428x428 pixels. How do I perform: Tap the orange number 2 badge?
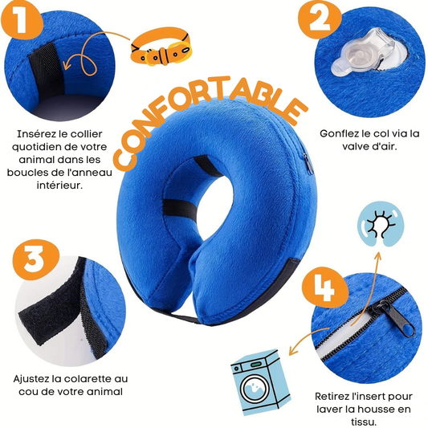[320, 20]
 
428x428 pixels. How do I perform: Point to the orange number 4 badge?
[326, 287]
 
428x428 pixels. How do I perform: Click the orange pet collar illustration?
[161, 49]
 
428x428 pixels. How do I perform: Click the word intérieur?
[59, 185]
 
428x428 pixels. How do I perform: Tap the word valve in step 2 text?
[356, 147]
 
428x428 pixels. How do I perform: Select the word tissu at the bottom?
[364, 422]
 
